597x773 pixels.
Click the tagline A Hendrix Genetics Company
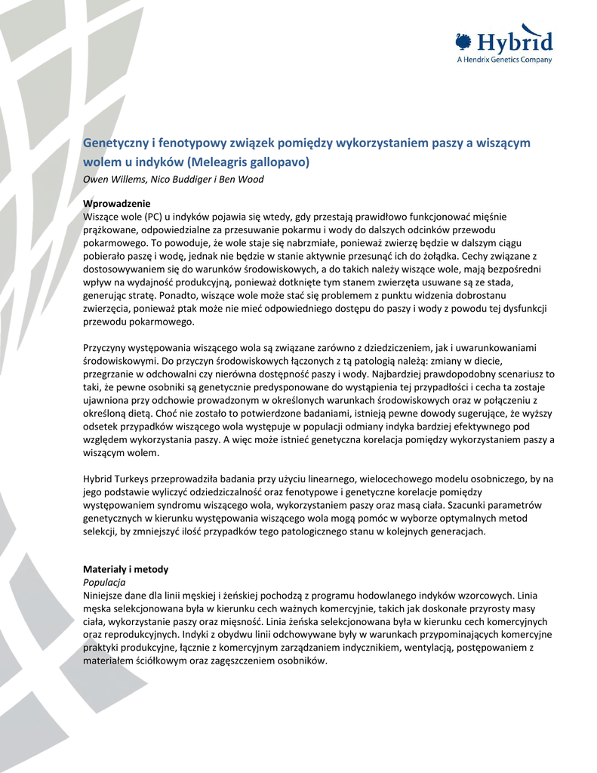(x=504, y=60)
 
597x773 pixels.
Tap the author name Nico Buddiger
(x=177, y=179)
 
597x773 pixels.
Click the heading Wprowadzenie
(x=116, y=204)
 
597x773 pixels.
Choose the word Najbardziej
(x=401, y=374)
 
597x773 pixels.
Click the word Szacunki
(x=470, y=505)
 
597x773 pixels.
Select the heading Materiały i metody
(x=125, y=569)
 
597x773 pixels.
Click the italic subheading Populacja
(x=103, y=583)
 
